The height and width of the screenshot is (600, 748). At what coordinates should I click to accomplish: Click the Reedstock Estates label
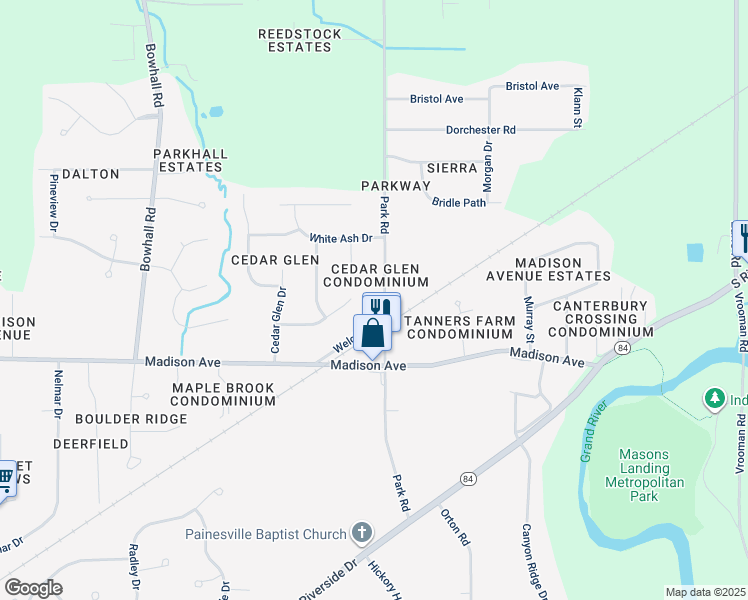point(299,40)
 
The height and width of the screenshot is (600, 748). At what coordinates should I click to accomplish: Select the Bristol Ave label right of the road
point(532,86)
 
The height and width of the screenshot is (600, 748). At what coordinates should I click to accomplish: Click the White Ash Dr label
point(341,238)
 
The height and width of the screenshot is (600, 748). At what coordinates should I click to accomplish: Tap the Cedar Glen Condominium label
point(379,275)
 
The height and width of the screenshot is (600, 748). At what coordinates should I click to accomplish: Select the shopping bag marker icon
point(372,334)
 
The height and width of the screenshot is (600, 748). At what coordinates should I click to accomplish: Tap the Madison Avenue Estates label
point(548,269)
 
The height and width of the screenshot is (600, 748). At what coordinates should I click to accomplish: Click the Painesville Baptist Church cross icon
point(362,534)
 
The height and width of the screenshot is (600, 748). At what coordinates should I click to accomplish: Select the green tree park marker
point(714,400)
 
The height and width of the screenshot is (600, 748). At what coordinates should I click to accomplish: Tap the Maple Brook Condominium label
point(222,393)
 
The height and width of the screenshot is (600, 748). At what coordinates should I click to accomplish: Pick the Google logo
point(33,588)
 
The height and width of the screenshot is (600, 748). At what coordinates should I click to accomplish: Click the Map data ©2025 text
point(705,592)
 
